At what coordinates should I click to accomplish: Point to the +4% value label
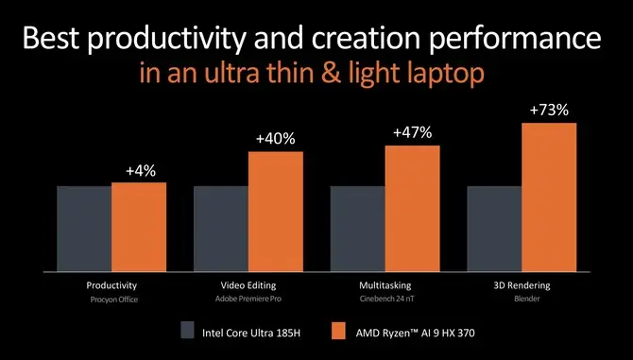coord(140,171)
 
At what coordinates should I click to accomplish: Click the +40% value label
coord(275,139)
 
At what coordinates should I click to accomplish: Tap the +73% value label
coord(549,111)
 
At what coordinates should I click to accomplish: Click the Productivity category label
coord(111,285)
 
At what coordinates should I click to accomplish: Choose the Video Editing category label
coord(248,285)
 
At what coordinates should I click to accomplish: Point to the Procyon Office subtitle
coord(111,299)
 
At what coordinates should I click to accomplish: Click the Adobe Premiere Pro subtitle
coord(248,299)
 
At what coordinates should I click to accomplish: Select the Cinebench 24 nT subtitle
coord(385,299)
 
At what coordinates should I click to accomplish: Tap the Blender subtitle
coord(522,299)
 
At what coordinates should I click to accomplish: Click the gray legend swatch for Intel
coord(187,331)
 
